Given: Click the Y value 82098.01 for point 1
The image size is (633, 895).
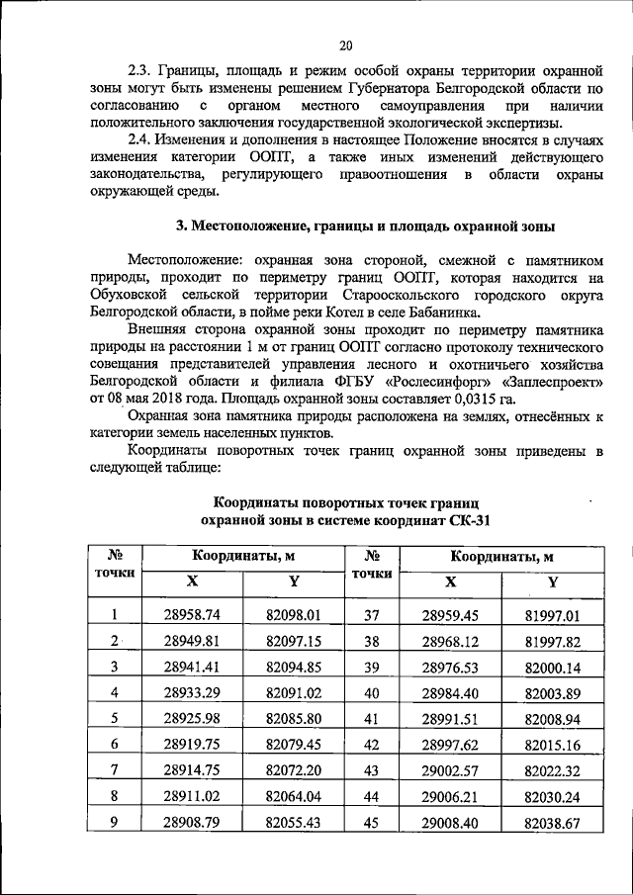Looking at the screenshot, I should pos(292,615).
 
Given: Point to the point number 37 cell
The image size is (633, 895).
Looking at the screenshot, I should pos(372,615).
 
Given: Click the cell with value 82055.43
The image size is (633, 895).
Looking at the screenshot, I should pos(292,820).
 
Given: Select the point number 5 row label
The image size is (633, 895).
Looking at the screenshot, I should pos(115,717).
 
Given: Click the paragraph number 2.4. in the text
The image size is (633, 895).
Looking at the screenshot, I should pos(144,140).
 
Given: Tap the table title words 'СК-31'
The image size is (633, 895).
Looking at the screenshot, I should pos(467,519).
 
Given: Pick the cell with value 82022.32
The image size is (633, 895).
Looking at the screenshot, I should pos(551,768).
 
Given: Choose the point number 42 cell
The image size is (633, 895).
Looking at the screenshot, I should pos(372,743).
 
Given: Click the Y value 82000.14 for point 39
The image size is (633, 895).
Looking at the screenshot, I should pos(551,667).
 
